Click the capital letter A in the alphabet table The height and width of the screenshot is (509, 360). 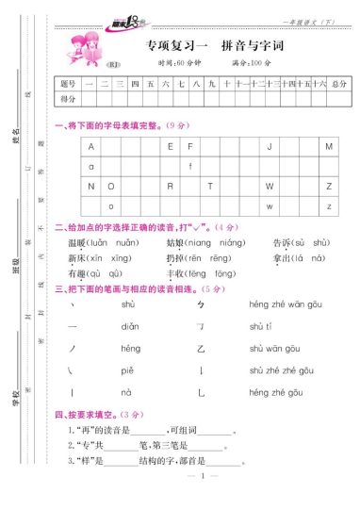point(91,147)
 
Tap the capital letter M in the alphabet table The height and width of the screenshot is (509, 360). point(328,147)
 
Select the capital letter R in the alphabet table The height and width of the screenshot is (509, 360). point(170,186)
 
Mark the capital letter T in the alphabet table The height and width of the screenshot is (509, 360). point(209,186)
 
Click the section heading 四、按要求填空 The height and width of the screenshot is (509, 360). point(87,414)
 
